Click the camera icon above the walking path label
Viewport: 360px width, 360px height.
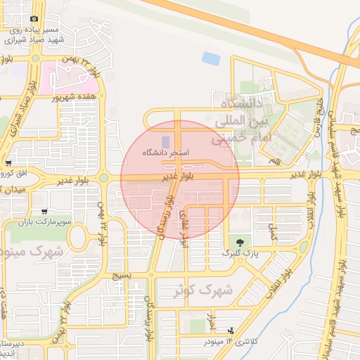click(x=34, y=20)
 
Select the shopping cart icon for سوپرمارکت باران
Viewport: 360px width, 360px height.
click(x=44, y=210)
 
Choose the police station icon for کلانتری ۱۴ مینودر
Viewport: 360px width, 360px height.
click(x=231, y=330)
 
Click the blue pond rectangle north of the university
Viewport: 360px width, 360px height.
click(x=210, y=58)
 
